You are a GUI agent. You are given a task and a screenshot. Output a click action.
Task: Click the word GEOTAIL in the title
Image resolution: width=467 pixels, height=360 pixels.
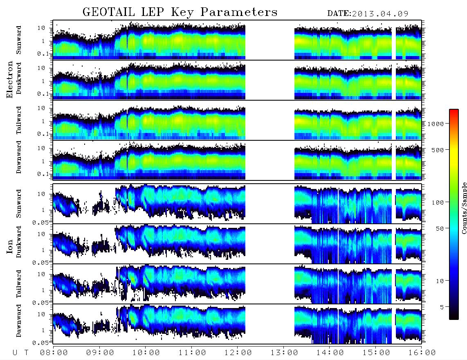109,12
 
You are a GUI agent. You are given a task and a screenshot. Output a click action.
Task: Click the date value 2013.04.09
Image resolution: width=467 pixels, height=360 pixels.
380,14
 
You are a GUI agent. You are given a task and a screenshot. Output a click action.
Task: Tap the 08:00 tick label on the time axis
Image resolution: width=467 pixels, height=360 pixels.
54,353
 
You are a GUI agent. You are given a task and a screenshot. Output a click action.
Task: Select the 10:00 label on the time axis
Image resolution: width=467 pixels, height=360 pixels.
146,353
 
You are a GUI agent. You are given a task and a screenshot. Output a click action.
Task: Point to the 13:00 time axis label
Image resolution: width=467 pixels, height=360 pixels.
284,353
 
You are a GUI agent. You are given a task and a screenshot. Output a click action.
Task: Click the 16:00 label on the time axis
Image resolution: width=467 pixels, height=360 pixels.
422,353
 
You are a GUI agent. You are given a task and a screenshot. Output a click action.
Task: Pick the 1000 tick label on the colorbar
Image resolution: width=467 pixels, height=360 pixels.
436,124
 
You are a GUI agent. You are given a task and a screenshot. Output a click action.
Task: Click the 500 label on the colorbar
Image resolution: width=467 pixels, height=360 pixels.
438,150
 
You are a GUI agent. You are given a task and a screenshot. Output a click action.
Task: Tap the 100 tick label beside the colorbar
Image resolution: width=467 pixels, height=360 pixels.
438,202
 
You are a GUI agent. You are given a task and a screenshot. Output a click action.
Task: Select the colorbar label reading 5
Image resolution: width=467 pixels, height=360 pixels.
442,307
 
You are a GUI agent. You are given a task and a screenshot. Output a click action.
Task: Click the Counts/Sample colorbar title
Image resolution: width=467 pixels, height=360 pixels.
464,208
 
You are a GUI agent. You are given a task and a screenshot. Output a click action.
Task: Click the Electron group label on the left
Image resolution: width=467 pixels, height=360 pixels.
10,79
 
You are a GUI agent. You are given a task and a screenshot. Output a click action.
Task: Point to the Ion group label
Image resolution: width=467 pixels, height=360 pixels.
10,246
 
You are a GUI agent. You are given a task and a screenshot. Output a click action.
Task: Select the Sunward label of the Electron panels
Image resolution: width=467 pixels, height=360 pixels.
18,40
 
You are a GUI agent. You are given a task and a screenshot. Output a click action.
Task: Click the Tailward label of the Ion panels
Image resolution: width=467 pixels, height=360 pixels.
18,284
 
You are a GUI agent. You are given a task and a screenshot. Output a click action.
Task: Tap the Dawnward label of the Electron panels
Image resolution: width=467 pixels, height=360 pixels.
18,157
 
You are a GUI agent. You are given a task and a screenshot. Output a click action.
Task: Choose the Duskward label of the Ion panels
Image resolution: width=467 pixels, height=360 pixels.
18,242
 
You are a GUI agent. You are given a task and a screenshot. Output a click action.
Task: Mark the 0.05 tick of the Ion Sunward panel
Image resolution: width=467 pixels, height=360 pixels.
40,223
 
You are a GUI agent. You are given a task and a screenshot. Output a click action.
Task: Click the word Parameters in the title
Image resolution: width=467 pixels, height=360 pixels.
239,12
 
